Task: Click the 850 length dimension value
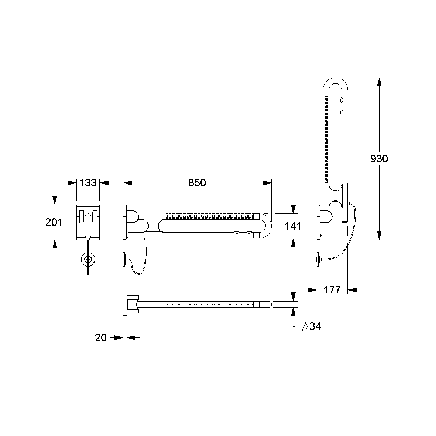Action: [x=197, y=183]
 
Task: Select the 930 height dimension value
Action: [x=379, y=158]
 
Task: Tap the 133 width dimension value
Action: [x=88, y=183]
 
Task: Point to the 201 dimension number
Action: [x=54, y=222]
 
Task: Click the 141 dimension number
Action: [x=293, y=226]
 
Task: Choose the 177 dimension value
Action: [x=332, y=290]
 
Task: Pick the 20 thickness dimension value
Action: [x=101, y=337]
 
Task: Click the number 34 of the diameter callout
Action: [x=315, y=326]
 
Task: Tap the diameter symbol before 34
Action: [x=303, y=326]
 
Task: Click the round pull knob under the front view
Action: [x=88, y=260]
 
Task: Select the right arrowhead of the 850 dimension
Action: [x=267, y=183]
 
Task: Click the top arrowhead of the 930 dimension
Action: [x=379, y=82]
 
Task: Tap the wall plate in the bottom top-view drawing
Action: [x=125, y=304]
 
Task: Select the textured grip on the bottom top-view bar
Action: [x=210, y=304]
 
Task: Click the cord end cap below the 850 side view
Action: [x=125, y=259]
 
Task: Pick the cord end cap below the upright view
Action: [x=319, y=259]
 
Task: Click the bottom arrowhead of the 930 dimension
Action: [x=379, y=235]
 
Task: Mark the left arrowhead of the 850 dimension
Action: [x=128, y=183]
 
